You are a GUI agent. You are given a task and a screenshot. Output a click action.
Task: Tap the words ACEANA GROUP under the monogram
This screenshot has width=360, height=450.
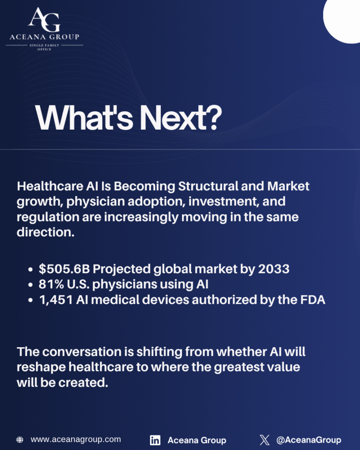pos(44,37)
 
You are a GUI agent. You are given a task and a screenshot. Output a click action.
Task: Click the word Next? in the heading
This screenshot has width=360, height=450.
pos(181,118)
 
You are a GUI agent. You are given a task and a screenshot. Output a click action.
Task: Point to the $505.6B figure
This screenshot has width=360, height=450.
pos(64,269)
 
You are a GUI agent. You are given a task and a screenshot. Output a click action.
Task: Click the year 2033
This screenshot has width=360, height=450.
pos(273,269)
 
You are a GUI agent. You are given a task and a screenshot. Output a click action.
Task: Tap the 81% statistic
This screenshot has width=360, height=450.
pos(51,284)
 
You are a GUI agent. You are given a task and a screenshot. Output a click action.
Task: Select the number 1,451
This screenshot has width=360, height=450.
pos(56,300)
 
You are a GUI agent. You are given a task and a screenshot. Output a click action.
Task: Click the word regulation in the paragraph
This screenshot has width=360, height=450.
pos(48,217)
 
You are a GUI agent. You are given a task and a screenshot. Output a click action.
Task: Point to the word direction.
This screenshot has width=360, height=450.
pos(46,232)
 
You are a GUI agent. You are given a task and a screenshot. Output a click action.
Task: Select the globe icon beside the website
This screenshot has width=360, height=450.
pos(20,439)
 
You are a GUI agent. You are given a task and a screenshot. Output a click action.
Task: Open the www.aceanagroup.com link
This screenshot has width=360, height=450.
pos(76,439)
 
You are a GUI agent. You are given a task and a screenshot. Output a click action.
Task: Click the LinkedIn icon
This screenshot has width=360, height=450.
pos(155,440)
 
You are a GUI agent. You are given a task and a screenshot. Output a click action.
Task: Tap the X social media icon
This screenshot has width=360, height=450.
pos(265,439)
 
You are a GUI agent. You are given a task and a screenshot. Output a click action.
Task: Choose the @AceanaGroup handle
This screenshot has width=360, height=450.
pos(309,440)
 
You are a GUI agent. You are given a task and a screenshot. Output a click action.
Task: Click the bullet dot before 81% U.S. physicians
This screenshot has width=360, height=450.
pos(30,285)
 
